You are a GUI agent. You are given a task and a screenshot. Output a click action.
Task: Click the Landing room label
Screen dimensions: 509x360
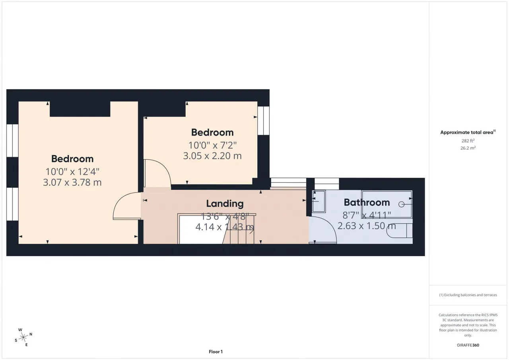click(x=225, y=204)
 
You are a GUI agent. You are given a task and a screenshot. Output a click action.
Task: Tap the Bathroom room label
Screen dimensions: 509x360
click(x=367, y=202)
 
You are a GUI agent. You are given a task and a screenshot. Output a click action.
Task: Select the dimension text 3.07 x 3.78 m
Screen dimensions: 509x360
click(x=72, y=182)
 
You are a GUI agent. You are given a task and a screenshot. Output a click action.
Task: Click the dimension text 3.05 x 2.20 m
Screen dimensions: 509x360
click(x=212, y=156)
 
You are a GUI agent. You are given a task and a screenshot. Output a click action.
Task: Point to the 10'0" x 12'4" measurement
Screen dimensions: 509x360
click(x=72, y=171)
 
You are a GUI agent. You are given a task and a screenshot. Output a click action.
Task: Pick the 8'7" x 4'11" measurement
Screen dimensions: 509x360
click(x=367, y=215)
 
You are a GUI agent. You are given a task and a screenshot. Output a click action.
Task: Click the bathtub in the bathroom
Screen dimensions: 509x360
click(x=387, y=204)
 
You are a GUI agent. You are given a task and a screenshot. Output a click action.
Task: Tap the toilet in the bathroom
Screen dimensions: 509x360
click(x=400, y=230)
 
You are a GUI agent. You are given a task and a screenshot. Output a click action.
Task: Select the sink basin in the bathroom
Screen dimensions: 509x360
click(x=319, y=201)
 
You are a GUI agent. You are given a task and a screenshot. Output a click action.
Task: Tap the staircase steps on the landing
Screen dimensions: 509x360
click(x=239, y=229)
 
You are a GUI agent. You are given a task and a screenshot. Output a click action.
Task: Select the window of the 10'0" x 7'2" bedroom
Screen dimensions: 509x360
click(x=263, y=121)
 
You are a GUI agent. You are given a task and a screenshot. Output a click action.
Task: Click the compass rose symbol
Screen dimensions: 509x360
click(x=23, y=337)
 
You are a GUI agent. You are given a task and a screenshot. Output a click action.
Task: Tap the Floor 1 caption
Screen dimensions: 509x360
click(x=216, y=352)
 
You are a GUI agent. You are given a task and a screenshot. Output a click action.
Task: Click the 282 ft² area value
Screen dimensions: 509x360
click(x=468, y=141)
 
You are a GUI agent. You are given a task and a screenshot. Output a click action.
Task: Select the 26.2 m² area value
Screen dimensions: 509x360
click(x=468, y=148)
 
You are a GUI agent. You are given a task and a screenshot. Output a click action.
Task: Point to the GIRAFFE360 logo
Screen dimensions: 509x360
click(x=468, y=345)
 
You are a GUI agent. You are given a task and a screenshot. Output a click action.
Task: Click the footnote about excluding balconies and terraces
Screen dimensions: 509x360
click(x=468, y=295)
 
